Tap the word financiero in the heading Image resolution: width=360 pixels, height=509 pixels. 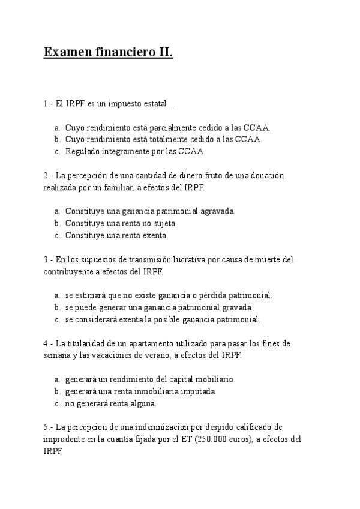click(x=124, y=53)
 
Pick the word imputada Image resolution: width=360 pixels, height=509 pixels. click(x=199, y=391)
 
